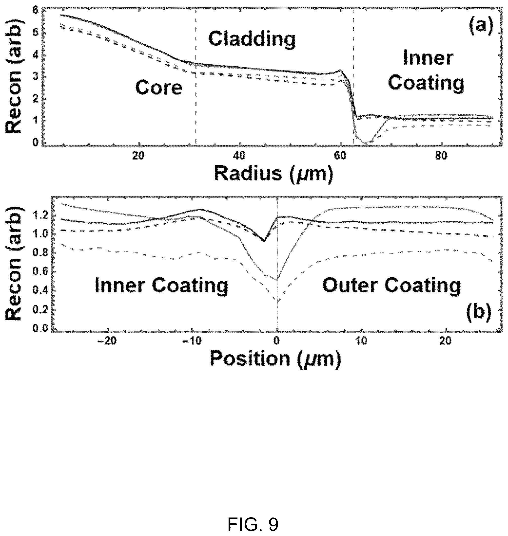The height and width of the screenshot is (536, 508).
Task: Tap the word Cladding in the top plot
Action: coord(252,39)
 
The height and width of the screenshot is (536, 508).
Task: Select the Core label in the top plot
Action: coord(159,88)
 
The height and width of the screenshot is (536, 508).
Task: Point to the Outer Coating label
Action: coord(391,286)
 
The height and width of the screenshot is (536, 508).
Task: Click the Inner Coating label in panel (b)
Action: coord(161,286)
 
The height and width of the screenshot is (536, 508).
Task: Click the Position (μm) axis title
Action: coord(275,359)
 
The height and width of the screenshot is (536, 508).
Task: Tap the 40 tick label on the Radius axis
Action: coord(239,156)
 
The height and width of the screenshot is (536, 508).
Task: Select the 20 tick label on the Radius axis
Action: coord(138,156)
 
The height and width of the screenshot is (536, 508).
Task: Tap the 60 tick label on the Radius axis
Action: coord(340,156)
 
